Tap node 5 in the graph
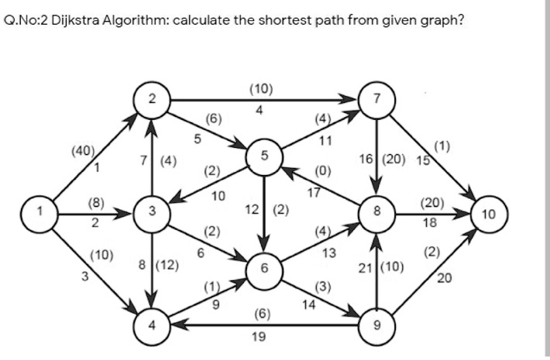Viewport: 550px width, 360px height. (265, 156)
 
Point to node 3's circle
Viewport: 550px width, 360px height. (153, 211)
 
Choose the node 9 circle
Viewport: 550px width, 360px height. (376, 324)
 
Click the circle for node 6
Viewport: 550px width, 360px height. (265, 268)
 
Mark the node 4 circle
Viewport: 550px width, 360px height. (153, 324)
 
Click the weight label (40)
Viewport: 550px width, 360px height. (81, 150)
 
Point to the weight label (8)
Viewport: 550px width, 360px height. (97, 204)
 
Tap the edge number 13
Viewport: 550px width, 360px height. (329, 254)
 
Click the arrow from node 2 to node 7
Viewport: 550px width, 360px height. (263, 100)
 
